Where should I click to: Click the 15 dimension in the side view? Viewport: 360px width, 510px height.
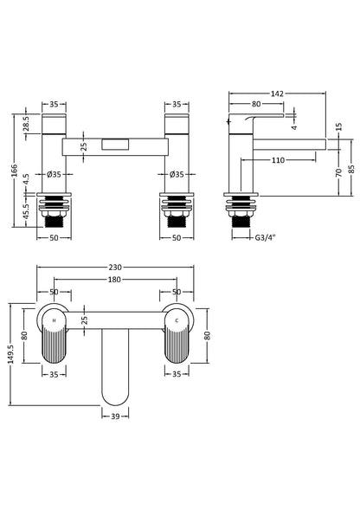[x=338, y=127]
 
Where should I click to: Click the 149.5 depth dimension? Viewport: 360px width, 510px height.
[x=12, y=354]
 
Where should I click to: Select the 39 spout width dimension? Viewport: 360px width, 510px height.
[x=116, y=417]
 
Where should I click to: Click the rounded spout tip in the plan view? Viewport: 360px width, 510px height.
[x=116, y=394]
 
